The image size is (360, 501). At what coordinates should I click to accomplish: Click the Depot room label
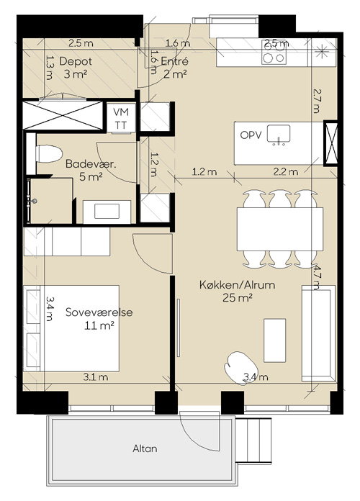coord(76,61)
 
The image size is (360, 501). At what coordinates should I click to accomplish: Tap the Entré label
coord(174,61)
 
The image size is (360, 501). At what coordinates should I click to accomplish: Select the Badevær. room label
coord(91,164)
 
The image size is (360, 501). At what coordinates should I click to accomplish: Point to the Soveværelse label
coord(99,312)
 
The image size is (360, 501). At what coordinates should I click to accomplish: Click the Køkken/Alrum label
coord(237,284)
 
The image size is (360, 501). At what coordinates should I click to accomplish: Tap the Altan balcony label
coord(145,448)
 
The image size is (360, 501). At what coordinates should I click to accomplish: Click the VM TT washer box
coord(121,117)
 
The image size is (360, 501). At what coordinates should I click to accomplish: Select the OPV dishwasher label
coord(251,135)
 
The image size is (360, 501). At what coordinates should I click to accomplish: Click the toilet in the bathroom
coord(49,154)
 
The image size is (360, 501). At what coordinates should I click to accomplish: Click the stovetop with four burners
coord(274,53)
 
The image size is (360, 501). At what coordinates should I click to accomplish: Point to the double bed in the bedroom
coord(71,328)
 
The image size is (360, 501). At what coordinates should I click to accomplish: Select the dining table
coord(280,229)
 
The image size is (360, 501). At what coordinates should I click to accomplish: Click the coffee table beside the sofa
coord(274,340)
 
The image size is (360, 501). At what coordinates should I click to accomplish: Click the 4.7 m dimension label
coord(316,276)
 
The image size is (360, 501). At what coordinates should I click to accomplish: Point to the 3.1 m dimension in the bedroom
coord(96,377)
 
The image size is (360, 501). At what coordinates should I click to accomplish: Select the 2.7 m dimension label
coord(316,101)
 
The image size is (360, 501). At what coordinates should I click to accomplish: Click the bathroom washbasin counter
coord(107,212)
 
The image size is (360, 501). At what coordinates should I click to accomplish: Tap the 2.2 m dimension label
coord(286,172)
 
